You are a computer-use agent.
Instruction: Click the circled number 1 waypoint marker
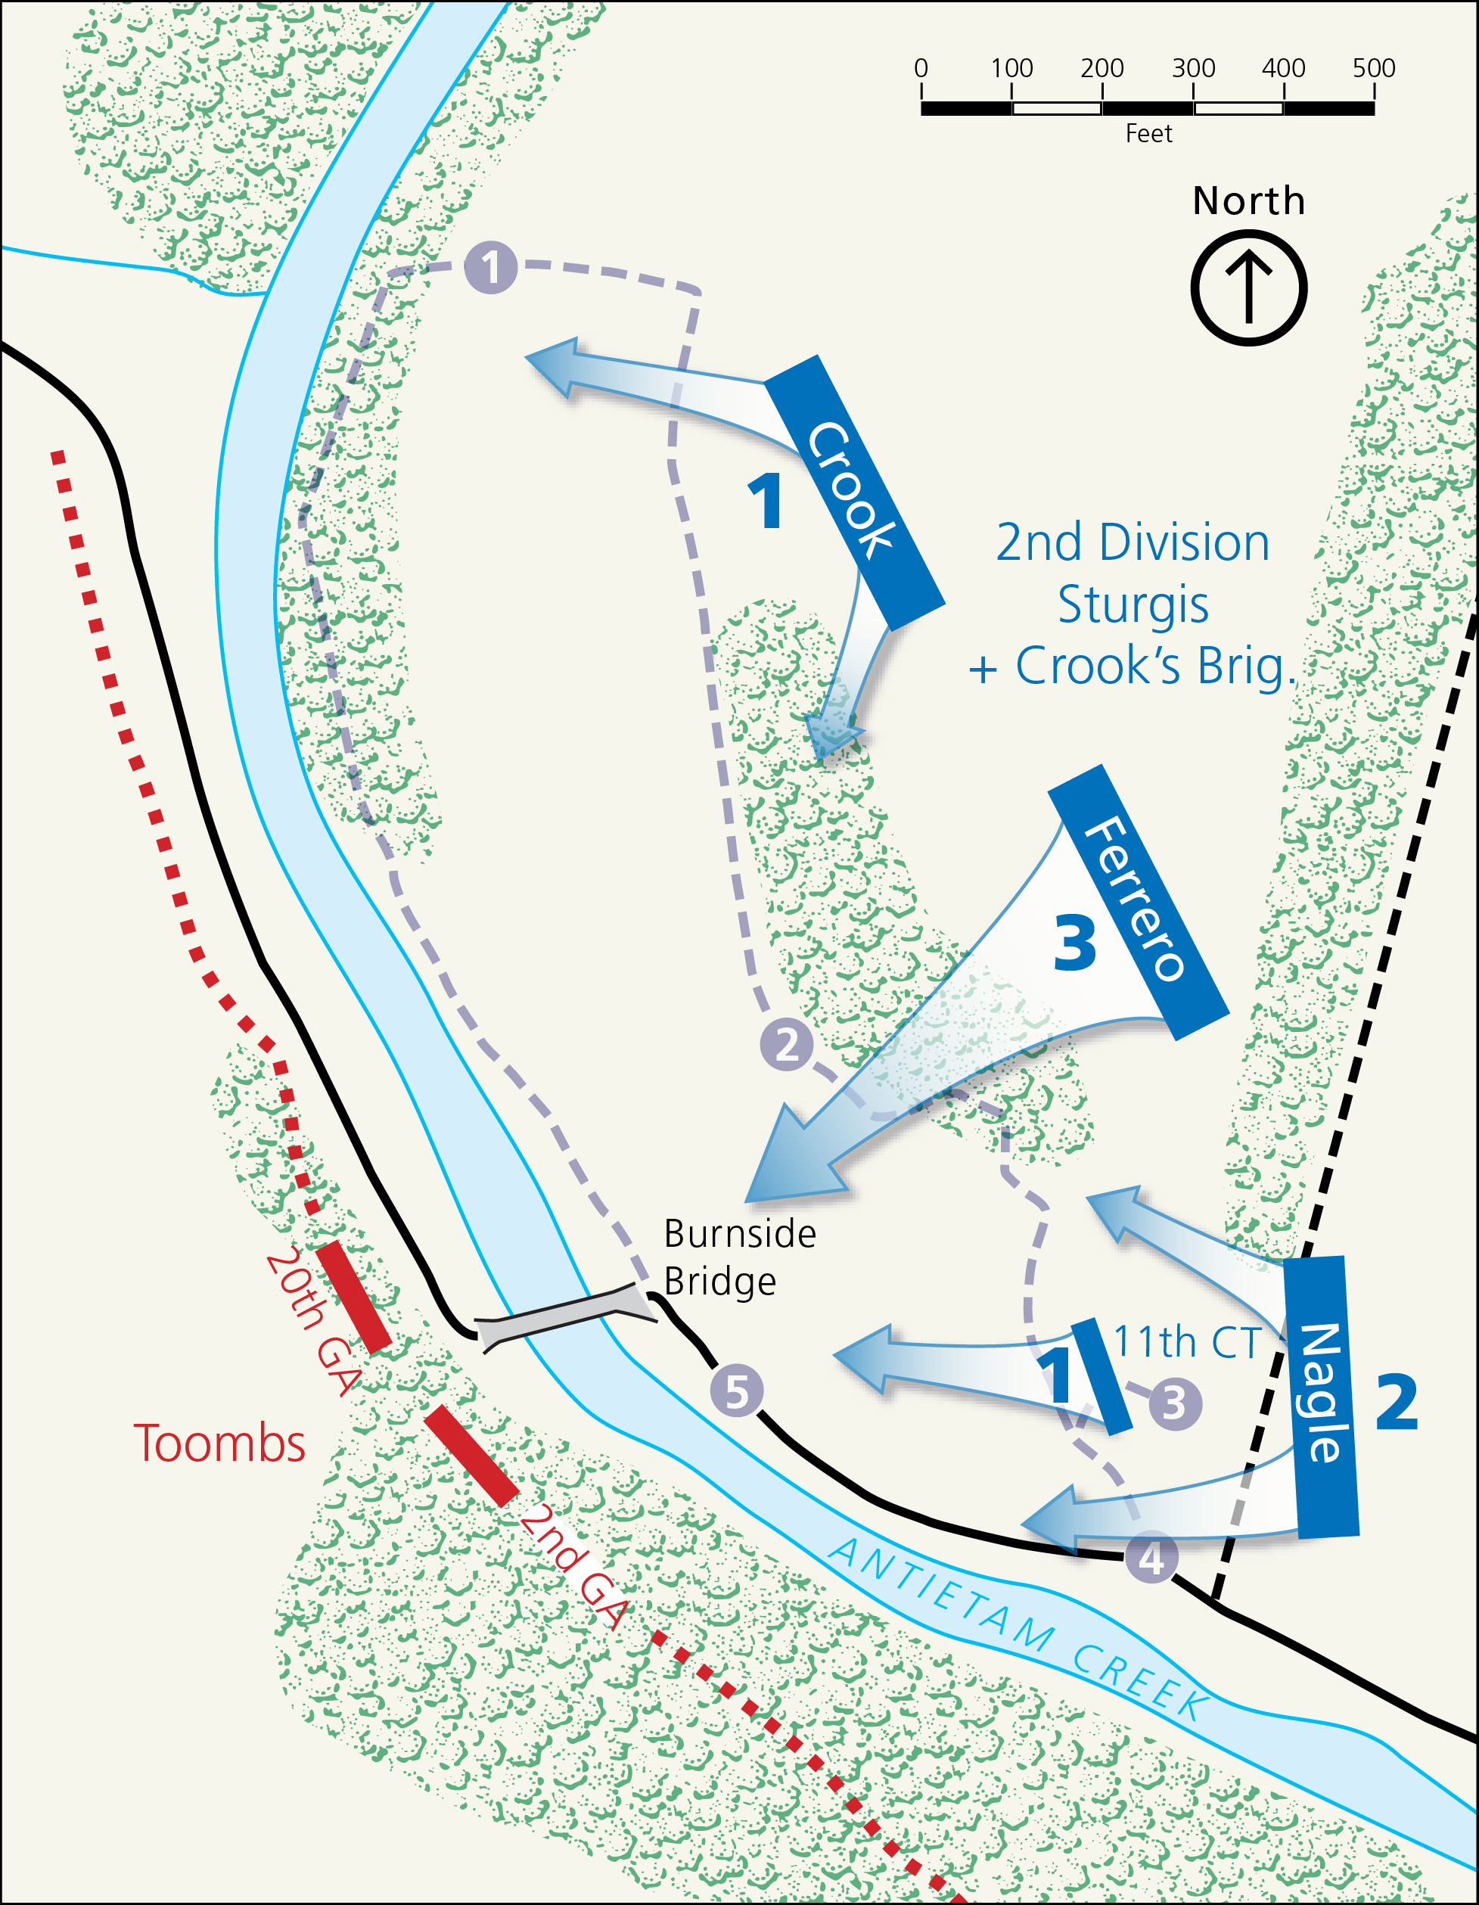coord(491,267)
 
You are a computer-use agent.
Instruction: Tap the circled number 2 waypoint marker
coord(787,1044)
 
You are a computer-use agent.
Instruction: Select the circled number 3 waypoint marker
coord(1175,1403)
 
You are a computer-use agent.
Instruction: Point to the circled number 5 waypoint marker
coord(737,1391)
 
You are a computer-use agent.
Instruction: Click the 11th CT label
coord(1186,1342)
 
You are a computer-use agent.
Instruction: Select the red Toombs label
coord(219,1444)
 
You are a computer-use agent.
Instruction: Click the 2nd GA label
coord(573,1567)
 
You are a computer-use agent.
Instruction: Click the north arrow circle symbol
coord(1248,287)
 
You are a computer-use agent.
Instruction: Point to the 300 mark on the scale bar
coord(1193,68)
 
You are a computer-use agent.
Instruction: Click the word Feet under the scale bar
coord(1148,133)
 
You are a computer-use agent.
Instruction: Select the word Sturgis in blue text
coord(1133,604)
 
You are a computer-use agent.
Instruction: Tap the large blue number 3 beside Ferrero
coord(1074,943)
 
